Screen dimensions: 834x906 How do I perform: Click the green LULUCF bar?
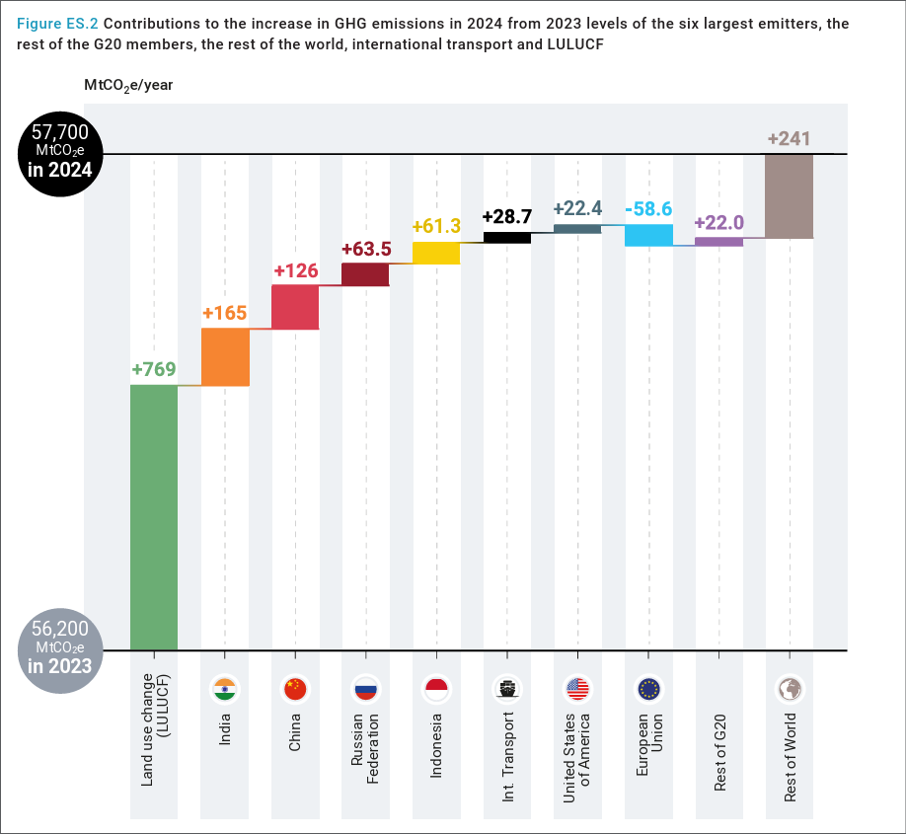(154, 517)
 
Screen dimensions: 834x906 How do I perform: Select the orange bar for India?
(225, 356)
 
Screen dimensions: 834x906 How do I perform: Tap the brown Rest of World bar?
(789, 195)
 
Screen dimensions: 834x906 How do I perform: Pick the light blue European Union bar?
(648, 235)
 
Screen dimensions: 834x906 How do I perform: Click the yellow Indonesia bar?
(436, 253)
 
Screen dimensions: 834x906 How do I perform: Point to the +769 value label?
(154, 370)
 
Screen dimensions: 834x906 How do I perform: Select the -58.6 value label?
(648, 209)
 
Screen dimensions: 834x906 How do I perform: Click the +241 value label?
(789, 139)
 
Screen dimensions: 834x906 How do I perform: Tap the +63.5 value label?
(366, 249)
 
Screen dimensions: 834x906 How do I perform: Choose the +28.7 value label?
(507, 217)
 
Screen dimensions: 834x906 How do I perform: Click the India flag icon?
(225, 689)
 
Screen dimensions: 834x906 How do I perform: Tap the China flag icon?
(295, 689)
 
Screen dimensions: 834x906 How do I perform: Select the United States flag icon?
(577, 689)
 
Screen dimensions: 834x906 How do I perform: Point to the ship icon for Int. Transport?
(507, 689)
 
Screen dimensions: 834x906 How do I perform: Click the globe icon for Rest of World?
(789, 689)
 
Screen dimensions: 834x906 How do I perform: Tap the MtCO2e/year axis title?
(128, 86)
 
